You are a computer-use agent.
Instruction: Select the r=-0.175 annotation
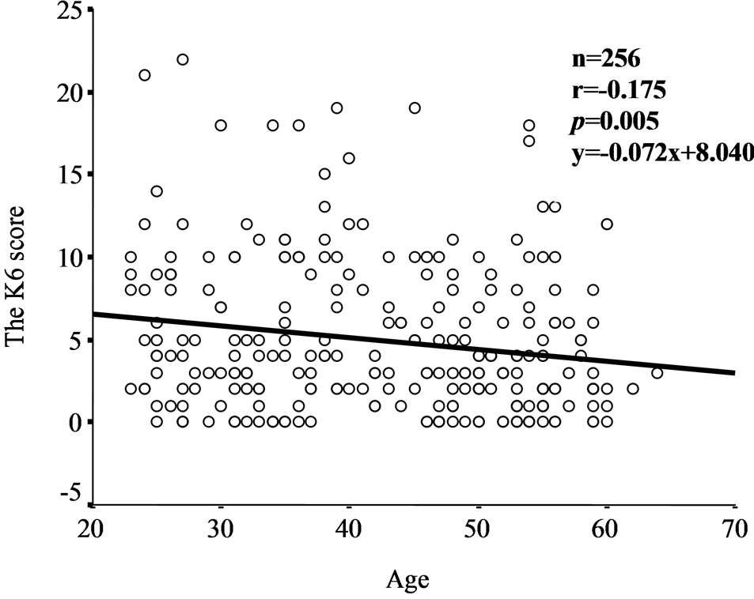pos(619,91)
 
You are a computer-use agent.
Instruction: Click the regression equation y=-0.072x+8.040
pos(661,154)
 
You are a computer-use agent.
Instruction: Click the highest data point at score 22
pos(183,59)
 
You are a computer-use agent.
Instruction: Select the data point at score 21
pos(144,75)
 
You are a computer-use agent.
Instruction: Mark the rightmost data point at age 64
pos(657,372)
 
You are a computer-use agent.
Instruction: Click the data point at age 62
pos(632,389)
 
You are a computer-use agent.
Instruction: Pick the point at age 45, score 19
pos(414,107)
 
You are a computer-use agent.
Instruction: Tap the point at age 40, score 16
pos(349,158)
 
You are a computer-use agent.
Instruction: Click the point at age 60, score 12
pos(607,224)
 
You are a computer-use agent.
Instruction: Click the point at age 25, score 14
pos(157,190)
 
